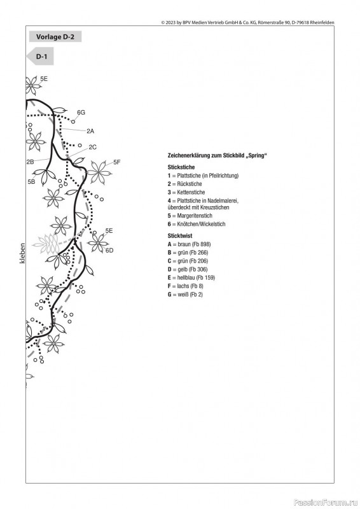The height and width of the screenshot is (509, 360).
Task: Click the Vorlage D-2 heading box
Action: click(x=55, y=37)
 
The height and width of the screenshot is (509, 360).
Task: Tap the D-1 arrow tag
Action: click(x=40, y=57)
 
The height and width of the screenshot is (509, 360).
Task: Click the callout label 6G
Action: click(x=81, y=113)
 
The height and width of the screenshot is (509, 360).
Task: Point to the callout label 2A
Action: click(x=90, y=131)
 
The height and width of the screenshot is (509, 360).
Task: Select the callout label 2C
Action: click(x=92, y=147)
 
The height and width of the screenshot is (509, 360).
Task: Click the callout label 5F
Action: click(x=117, y=162)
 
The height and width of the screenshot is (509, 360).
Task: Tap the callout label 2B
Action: click(x=30, y=162)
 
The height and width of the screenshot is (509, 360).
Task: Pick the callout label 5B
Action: click(x=31, y=182)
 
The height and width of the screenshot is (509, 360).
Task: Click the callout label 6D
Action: click(x=109, y=250)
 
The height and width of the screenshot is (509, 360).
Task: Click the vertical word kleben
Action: click(x=22, y=253)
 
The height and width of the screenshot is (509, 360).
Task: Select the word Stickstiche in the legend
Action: click(x=181, y=167)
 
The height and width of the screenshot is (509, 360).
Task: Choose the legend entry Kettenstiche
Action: click(x=186, y=192)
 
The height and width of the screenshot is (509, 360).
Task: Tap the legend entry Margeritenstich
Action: click(x=190, y=216)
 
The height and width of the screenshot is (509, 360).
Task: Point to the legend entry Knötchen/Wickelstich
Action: click(x=197, y=224)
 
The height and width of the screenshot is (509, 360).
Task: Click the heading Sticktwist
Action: click(x=180, y=235)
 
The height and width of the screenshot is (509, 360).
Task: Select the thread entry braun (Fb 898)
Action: click(x=189, y=244)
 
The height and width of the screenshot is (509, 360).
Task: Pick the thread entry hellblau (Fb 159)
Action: click(x=191, y=277)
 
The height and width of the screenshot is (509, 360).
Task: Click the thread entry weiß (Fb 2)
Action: click(x=185, y=295)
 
